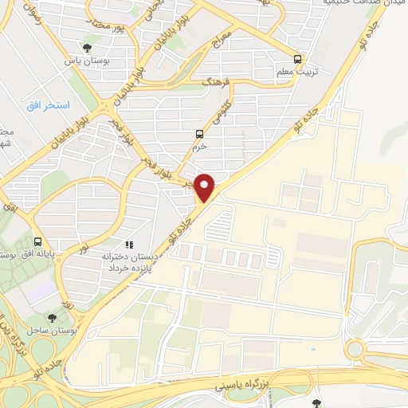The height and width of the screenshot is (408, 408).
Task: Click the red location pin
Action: click(206, 187)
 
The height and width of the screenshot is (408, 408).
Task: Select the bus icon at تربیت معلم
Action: click(298, 58)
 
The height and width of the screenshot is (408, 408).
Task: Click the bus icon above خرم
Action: click(199, 134)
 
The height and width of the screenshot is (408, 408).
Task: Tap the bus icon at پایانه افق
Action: click(38, 241)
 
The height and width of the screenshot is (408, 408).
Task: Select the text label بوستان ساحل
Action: click(51, 329)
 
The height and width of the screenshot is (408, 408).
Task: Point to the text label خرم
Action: click(199, 147)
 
